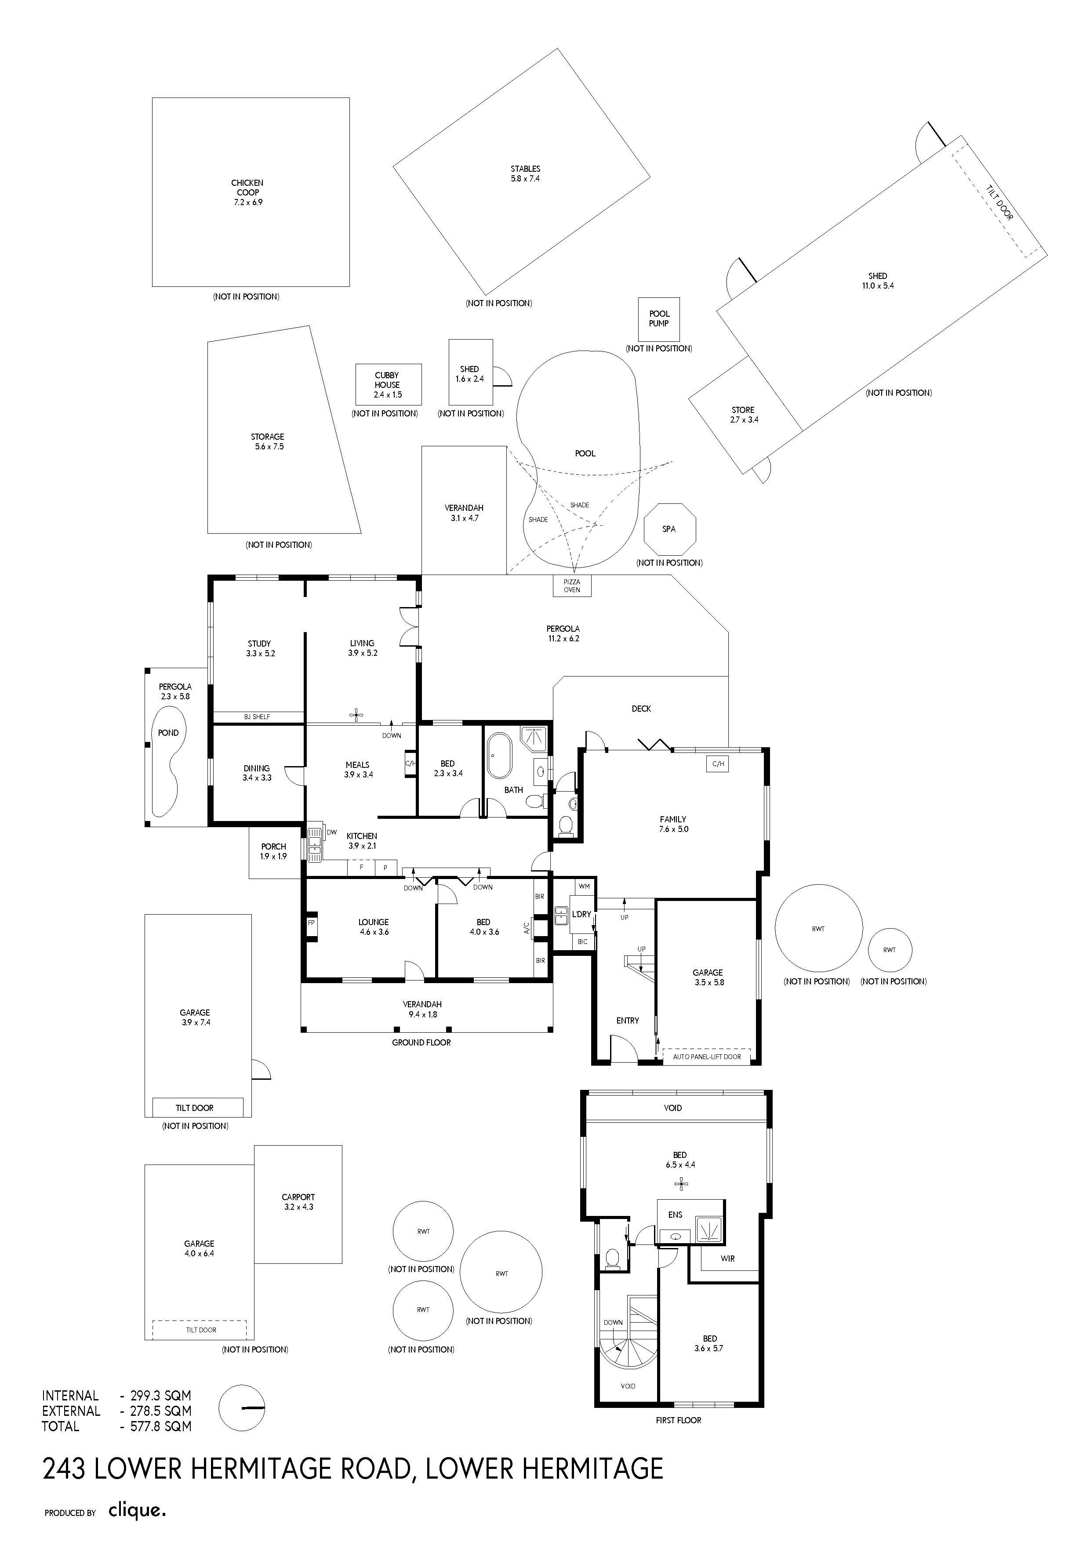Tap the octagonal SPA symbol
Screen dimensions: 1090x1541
click(x=669, y=529)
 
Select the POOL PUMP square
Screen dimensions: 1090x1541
click(x=659, y=319)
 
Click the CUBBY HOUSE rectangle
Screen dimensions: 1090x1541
click(x=388, y=384)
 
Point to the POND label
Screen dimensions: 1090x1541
click(x=169, y=733)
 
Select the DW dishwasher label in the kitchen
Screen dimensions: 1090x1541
click(x=332, y=832)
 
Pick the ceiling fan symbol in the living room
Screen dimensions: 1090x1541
click(x=356, y=716)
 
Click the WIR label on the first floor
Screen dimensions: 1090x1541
click(x=728, y=1259)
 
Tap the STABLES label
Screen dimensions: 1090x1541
click(x=525, y=169)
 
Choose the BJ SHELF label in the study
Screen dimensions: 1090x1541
click(x=257, y=717)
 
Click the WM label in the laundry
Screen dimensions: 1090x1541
click(x=584, y=886)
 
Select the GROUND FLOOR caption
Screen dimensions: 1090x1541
click(x=422, y=1042)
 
